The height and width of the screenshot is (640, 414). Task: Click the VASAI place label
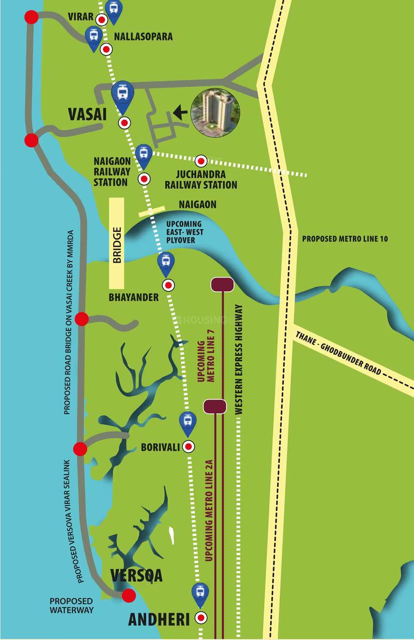[88, 115]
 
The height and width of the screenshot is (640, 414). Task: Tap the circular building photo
[216, 112]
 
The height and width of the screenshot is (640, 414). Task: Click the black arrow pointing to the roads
[181, 112]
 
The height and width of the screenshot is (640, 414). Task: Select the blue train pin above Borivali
[187, 423]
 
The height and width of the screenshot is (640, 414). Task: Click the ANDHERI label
[159, 619]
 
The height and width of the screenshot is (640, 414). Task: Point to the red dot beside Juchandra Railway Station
[201, 160]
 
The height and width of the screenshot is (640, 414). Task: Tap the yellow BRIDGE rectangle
[116, 243]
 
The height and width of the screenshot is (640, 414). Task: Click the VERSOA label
[136, 576]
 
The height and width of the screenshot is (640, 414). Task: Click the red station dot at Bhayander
[168, 286]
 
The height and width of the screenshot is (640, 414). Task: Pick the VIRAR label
[81, 17]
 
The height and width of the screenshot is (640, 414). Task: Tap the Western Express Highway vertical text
[239, 360]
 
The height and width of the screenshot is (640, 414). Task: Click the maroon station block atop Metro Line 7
[222, 285]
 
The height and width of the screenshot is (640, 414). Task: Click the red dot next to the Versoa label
[128, 596]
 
